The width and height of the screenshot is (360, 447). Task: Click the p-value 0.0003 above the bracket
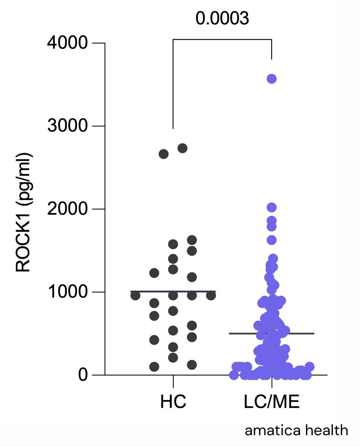coord(222,19)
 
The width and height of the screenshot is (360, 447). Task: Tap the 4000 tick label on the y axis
coord(67,43)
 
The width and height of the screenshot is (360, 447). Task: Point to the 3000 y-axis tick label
coord(67,126)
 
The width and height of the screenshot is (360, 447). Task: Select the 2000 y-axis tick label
coord(67,209)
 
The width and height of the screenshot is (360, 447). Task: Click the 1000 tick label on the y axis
coord(67,292)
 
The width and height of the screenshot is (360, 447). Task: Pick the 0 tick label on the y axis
coord(82,375)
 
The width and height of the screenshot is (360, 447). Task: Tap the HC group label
coord(173,403)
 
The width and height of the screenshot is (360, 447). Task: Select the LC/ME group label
coord(271,403)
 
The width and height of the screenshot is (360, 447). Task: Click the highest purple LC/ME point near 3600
coord(271,79)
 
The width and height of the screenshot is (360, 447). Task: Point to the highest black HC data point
coord(182,148)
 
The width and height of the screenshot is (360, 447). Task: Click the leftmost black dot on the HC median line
coord(135,295)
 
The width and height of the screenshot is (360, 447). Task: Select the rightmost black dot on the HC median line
coord(211,295)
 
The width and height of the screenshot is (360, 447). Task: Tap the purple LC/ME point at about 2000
coord(271,207)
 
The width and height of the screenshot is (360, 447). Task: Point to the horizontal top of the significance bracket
coord(222,39)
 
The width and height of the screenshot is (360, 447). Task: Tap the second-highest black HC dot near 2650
coord(164,154)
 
